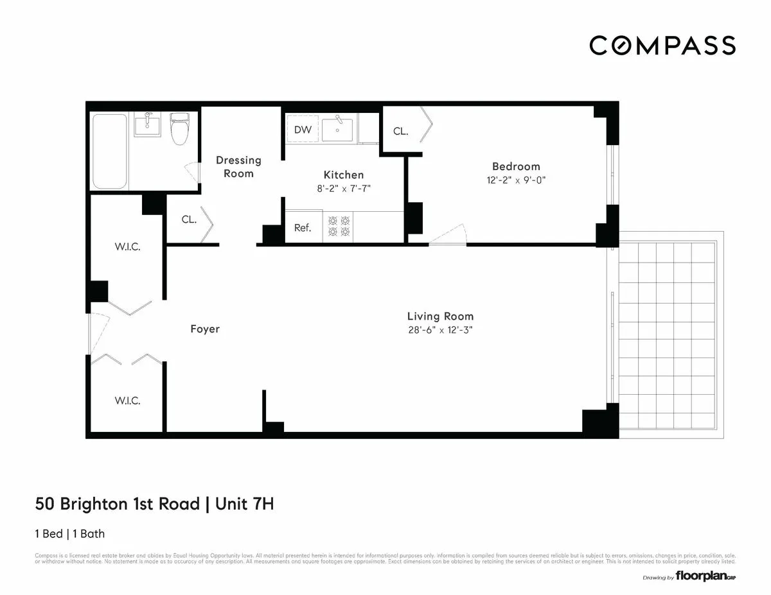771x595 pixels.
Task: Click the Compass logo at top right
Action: [662, 46]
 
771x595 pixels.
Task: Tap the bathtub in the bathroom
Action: [109, 151]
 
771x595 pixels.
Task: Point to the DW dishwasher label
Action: [303, 130]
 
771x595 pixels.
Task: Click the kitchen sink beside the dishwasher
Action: [337, 130]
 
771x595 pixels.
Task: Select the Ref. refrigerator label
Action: [303, 228]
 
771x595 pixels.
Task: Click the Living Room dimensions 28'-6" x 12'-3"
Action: [440, 330]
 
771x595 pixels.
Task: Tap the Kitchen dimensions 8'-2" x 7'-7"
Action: [343, 189]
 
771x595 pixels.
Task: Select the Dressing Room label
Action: [238, 167]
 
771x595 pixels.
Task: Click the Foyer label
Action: [205, 329]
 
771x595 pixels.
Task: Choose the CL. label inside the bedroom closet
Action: [400, 132]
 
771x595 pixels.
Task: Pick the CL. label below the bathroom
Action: [189, 220]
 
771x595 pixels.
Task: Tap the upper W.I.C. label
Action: [127, 247]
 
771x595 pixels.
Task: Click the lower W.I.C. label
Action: [127, 401]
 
